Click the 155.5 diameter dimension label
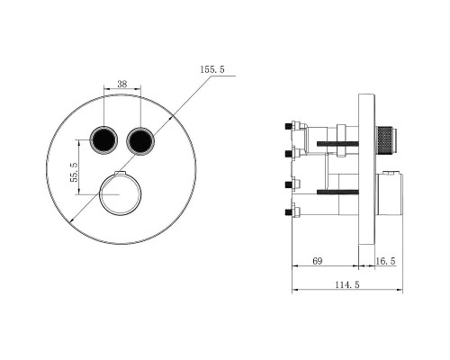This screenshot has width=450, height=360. [x=212, y=69]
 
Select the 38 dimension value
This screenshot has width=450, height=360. [x=122, y=84]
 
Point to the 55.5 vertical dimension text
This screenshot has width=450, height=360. [x=74, y=172]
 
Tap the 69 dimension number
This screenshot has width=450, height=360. [x=318, y=261]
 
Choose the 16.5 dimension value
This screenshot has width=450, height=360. [x=386, y=261]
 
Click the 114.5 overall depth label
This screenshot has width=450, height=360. [x=347, y=284]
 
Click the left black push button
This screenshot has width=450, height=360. [x=103, y=140]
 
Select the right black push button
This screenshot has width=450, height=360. [x=140, y=140]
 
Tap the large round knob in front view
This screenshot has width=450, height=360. [x=120, y=193]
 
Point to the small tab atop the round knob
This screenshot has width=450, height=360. [x=120, y=173]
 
